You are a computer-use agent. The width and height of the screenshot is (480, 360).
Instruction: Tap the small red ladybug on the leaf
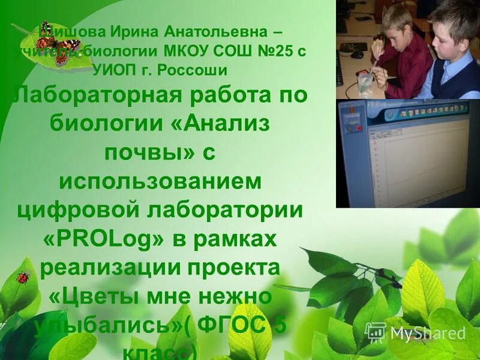coord(23,277)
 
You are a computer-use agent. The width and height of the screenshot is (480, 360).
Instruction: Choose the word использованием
coord(160,182)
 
